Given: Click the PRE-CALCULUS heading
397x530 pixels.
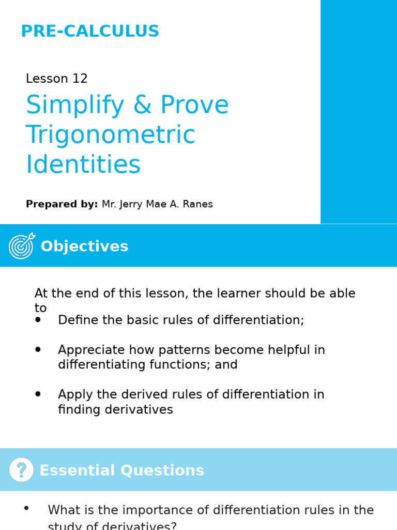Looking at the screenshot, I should tap(90, 31).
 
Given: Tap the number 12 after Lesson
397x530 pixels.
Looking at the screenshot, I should tap(80, 79).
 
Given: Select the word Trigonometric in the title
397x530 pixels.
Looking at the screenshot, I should tap(111, 135).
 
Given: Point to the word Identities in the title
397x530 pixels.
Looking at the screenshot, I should tap(83, 165).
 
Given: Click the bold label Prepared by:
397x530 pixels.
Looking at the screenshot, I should tap(62, 204).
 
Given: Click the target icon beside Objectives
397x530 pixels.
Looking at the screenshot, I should tap(22, 245).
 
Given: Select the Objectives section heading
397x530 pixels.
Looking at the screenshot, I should tap(84, 246).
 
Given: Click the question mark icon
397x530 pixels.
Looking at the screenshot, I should tap(21, 470).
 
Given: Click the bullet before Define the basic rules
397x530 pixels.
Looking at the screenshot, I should tap(38, 320).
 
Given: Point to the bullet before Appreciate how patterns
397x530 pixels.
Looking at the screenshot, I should tap(38, 350).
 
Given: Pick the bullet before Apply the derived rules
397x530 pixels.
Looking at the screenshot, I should tap(38, 394).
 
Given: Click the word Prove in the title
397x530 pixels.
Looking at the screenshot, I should tap(195, 105).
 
